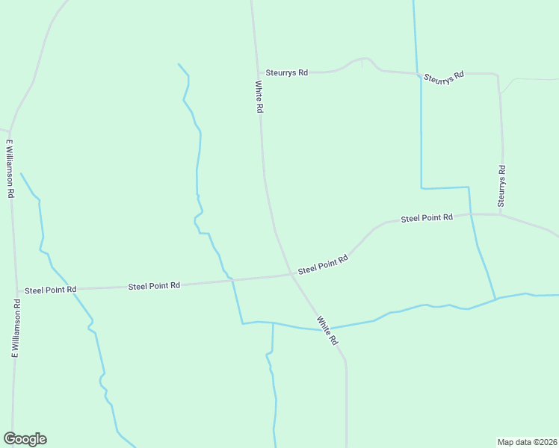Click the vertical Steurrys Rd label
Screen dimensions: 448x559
(x=502, y=186)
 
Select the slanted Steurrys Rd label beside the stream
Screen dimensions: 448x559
(x=444, y=77)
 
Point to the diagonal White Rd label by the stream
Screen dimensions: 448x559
(x=327, y=330)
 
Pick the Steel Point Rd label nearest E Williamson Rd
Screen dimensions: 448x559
(x=51, y=290)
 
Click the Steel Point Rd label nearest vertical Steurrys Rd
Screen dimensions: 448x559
(x=427, y=218)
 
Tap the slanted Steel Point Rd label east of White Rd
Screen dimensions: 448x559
(x=324, y=264)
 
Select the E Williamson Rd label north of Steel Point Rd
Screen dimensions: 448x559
(x=10, y=168)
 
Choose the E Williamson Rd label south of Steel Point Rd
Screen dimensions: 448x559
(x=16, y=328)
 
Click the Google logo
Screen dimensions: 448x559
(x=25, y=439)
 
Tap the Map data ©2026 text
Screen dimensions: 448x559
(x=528, y=441)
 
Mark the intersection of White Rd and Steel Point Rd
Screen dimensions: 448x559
(x=291, y=274)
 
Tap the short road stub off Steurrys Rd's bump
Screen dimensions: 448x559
(x=362, y=63)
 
